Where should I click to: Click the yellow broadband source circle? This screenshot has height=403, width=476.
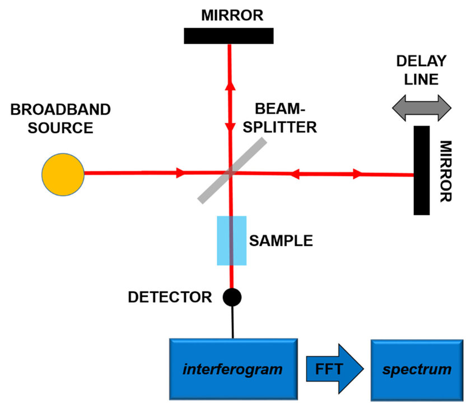63,173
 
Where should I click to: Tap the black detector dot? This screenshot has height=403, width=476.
232,297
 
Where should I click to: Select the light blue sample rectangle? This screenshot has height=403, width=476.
231,240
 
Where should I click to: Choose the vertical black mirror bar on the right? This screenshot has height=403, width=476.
422,170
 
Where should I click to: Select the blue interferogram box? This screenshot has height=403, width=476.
232,369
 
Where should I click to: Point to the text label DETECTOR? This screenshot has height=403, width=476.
170,297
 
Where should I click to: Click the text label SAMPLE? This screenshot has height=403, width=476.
281,241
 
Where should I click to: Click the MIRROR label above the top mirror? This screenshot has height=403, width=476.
228,15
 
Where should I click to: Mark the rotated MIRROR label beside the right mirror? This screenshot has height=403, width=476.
447,170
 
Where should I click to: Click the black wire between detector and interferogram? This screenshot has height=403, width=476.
232,322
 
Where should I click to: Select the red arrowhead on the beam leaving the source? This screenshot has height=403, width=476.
180,173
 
